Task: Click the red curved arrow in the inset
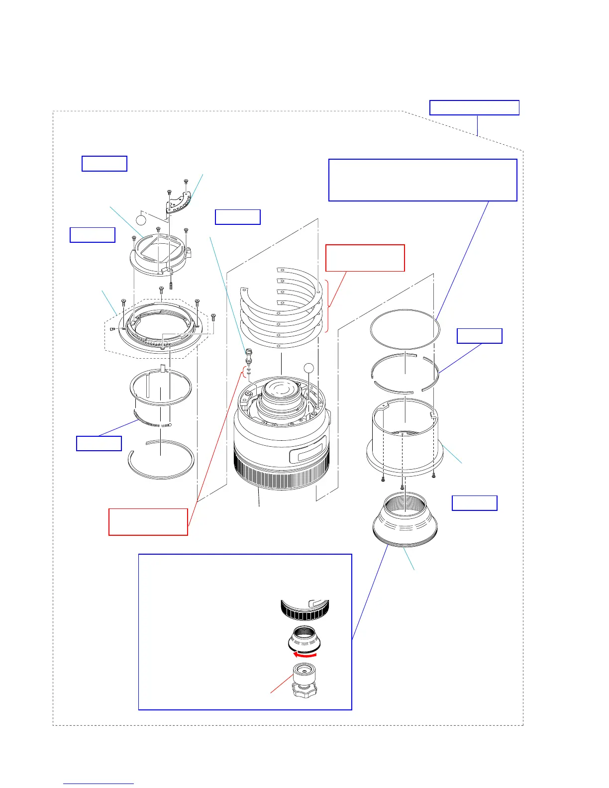[305, 655]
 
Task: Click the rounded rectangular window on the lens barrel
[308, 444]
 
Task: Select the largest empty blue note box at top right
[423, 180]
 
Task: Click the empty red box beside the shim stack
[365, 258]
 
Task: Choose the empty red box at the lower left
[148, 522]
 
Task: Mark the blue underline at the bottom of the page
[99, 784]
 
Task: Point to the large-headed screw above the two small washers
[248, 354]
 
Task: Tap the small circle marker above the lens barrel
[309, 368]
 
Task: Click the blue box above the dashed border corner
[474, 107]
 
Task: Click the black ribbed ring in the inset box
[304, 610]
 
